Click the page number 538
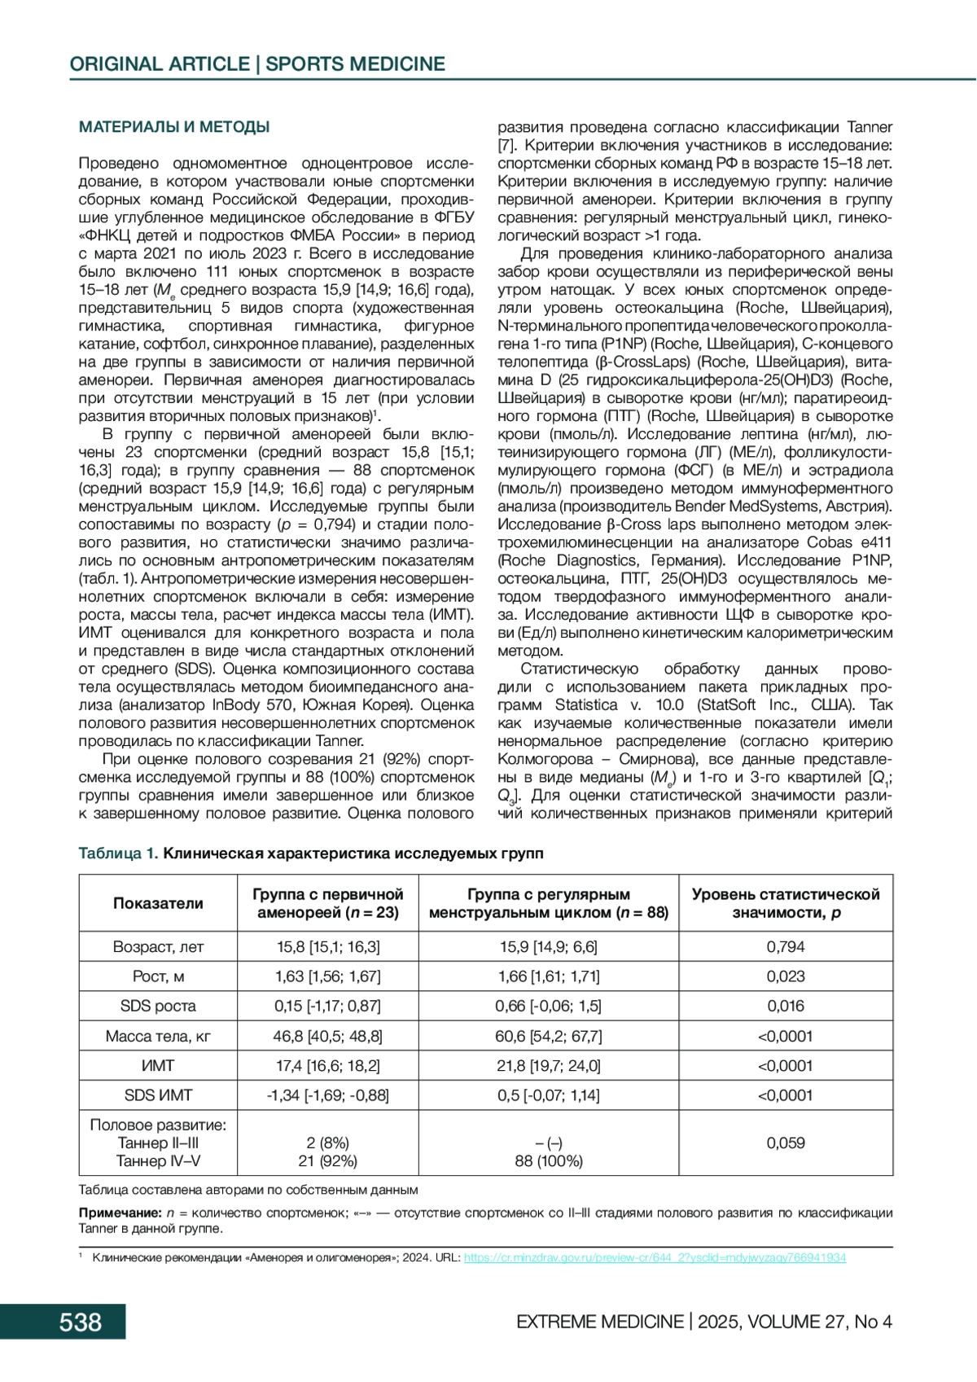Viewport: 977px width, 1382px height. coord(80,1321)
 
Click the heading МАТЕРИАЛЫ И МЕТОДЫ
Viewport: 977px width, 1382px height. coord(174,127)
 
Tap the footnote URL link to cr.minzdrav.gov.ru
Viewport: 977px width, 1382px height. coord(655,1257)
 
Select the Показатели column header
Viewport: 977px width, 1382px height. coord(158,903)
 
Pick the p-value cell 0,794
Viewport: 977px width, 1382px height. coord(786,946)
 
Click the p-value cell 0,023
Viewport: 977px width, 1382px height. coord(786,976)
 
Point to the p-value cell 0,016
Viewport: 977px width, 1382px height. coord(786,1006)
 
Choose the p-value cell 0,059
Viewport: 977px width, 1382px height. coord(786,1143)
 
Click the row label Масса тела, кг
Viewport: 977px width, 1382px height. coord(158,1036)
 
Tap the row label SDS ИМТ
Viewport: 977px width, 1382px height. coord(158,1095)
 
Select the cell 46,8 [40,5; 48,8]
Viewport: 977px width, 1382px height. coord(327,1036)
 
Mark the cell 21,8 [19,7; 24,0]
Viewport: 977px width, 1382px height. coord(549,1065)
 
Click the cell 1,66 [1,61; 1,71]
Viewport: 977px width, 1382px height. coord(549,976)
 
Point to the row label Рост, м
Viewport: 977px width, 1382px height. coord(158,976)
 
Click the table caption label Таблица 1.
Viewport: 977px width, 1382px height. coord(118,853)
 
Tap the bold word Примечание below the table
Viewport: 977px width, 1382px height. coord(120,1213)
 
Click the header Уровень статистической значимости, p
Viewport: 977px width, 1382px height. coord(786,903)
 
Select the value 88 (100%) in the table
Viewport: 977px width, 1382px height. coord(549,1161)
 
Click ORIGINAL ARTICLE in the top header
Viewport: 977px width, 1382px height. coord(160,64)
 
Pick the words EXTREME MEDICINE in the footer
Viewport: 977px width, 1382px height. coord(599,1322)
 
